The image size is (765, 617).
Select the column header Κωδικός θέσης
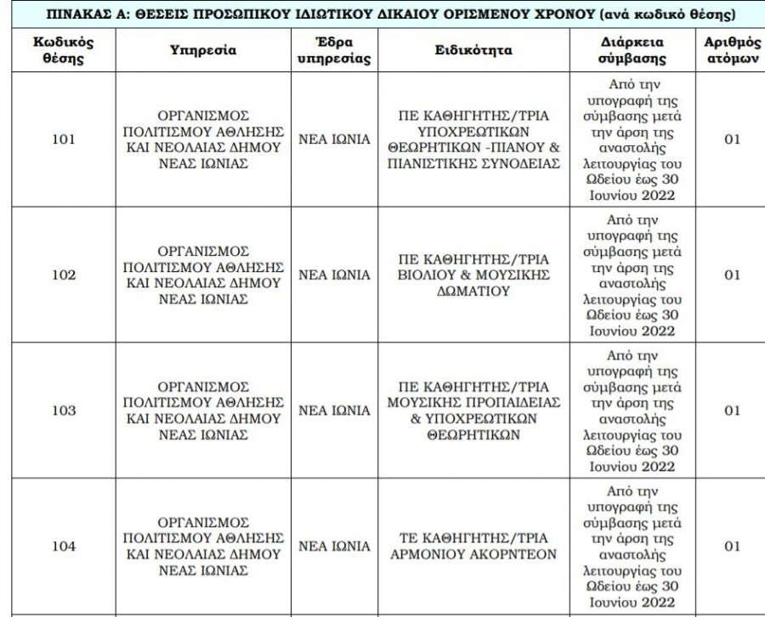click(63, 50)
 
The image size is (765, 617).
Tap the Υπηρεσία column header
click(202, 50)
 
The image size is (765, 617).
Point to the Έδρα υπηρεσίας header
click(334, 50)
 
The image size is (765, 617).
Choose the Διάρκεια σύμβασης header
click(632, 50)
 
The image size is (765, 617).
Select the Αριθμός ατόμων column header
click(732, 50)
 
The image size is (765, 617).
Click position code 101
click(63, 139)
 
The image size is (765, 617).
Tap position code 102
click(63, 275)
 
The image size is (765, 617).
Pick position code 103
click(63, 410)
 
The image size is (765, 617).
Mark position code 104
click(63, 546)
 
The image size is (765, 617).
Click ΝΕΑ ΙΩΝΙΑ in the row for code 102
click(334, 275)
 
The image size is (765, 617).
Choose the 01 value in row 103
click(732, 410)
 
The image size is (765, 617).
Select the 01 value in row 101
click(732, 139)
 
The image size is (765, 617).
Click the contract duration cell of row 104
click(632, 546)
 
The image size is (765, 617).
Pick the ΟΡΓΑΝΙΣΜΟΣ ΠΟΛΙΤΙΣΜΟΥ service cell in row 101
click(202, 139)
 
